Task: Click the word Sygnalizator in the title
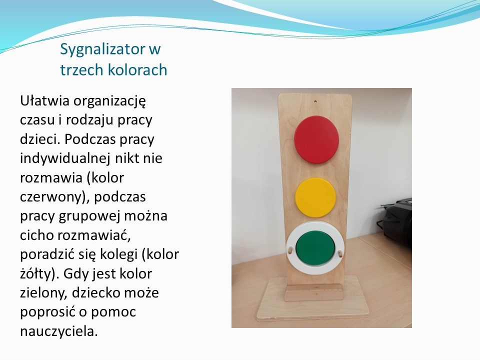(x=103, y=49)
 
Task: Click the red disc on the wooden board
(x=316, y=139)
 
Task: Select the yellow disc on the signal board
(x=315, y=197)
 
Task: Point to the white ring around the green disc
(x=315, y=226)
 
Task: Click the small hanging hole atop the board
(x=315, y=101)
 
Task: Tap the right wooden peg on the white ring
(x=340, y=254)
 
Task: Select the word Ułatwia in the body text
(x=44, y=100)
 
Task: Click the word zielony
(x=43, y=293)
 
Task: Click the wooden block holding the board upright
(x=314, y=292)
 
